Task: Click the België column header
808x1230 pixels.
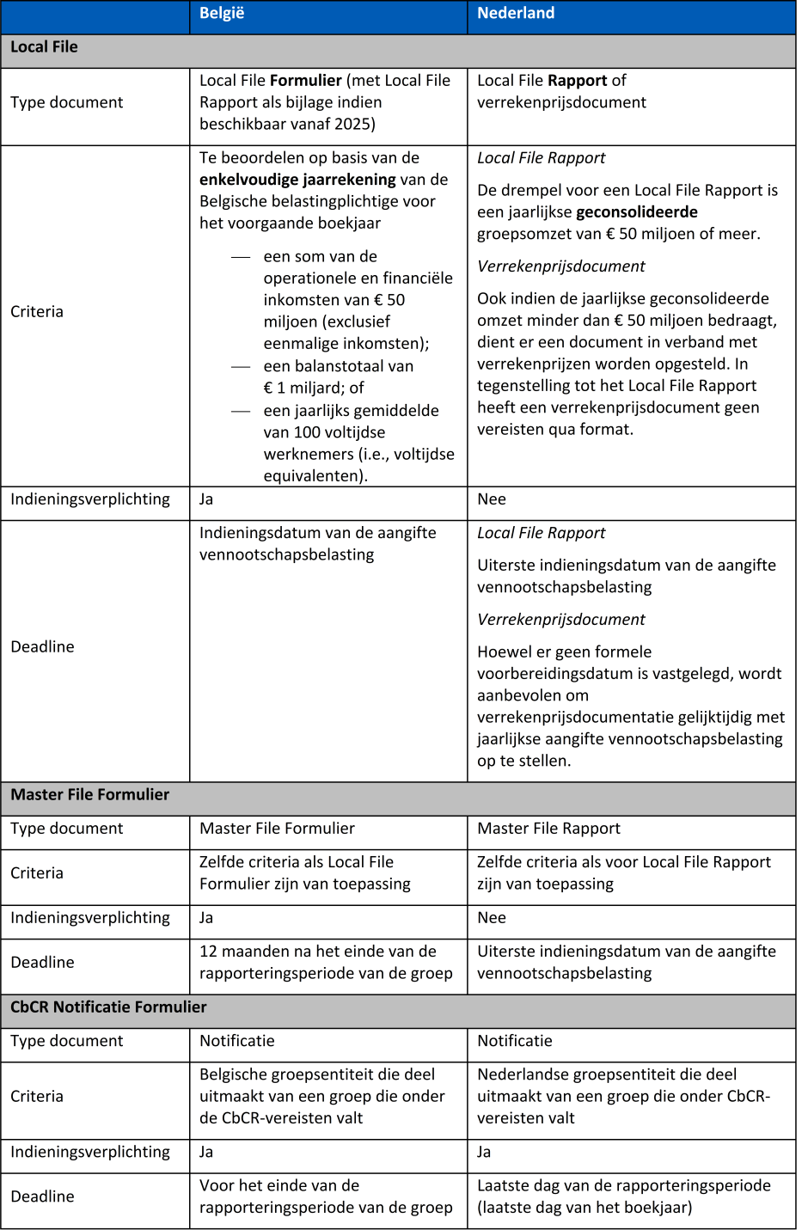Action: click(222, 13)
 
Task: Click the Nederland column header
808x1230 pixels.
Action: click(516, 13)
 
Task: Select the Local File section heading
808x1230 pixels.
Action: click(44, 47)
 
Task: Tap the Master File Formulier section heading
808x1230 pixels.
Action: click(89, 795)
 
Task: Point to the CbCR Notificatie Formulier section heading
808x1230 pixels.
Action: click(108, 1007)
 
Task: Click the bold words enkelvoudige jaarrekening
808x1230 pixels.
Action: click(297, 180)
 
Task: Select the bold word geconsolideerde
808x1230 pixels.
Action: click(637, 212)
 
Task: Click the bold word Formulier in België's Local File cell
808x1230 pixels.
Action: click(306, 81)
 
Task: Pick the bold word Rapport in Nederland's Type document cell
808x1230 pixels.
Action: click(578, 81)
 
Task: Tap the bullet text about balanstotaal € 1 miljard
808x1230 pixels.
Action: click(338, 377)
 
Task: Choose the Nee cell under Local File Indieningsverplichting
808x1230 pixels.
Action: click(492, 499)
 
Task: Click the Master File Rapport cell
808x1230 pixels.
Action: click(548, 829)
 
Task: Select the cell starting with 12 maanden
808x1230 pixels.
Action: click(326, 963)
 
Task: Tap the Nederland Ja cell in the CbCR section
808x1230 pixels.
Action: click(485, 1153)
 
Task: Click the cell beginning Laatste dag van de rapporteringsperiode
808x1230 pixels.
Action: click(624, 1196)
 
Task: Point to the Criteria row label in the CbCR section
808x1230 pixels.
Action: click(37, 1097)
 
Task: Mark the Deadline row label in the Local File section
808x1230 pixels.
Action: click(42, 647)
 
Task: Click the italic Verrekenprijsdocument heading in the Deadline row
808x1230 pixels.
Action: click(560, 620)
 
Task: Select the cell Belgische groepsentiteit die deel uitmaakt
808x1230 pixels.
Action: click(321, 1097)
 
